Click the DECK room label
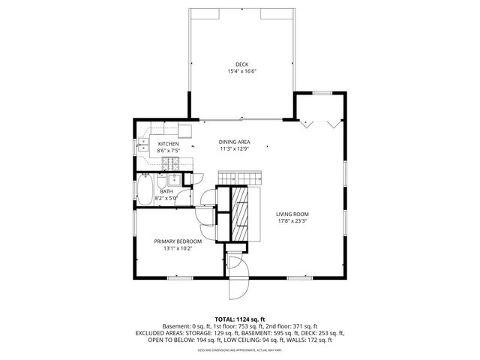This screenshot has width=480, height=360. point(241,64)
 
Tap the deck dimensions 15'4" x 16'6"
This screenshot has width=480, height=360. point(241,72)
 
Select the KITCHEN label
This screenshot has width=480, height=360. point(168,143)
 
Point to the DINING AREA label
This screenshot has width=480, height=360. point(234,142)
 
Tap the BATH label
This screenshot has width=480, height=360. point(166,191)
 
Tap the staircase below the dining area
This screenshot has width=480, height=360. point(238,177)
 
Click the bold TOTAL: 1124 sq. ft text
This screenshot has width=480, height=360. point(240,319)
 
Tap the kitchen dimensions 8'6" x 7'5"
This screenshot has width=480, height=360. point(168,151)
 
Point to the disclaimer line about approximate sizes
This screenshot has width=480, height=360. point(240,349)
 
